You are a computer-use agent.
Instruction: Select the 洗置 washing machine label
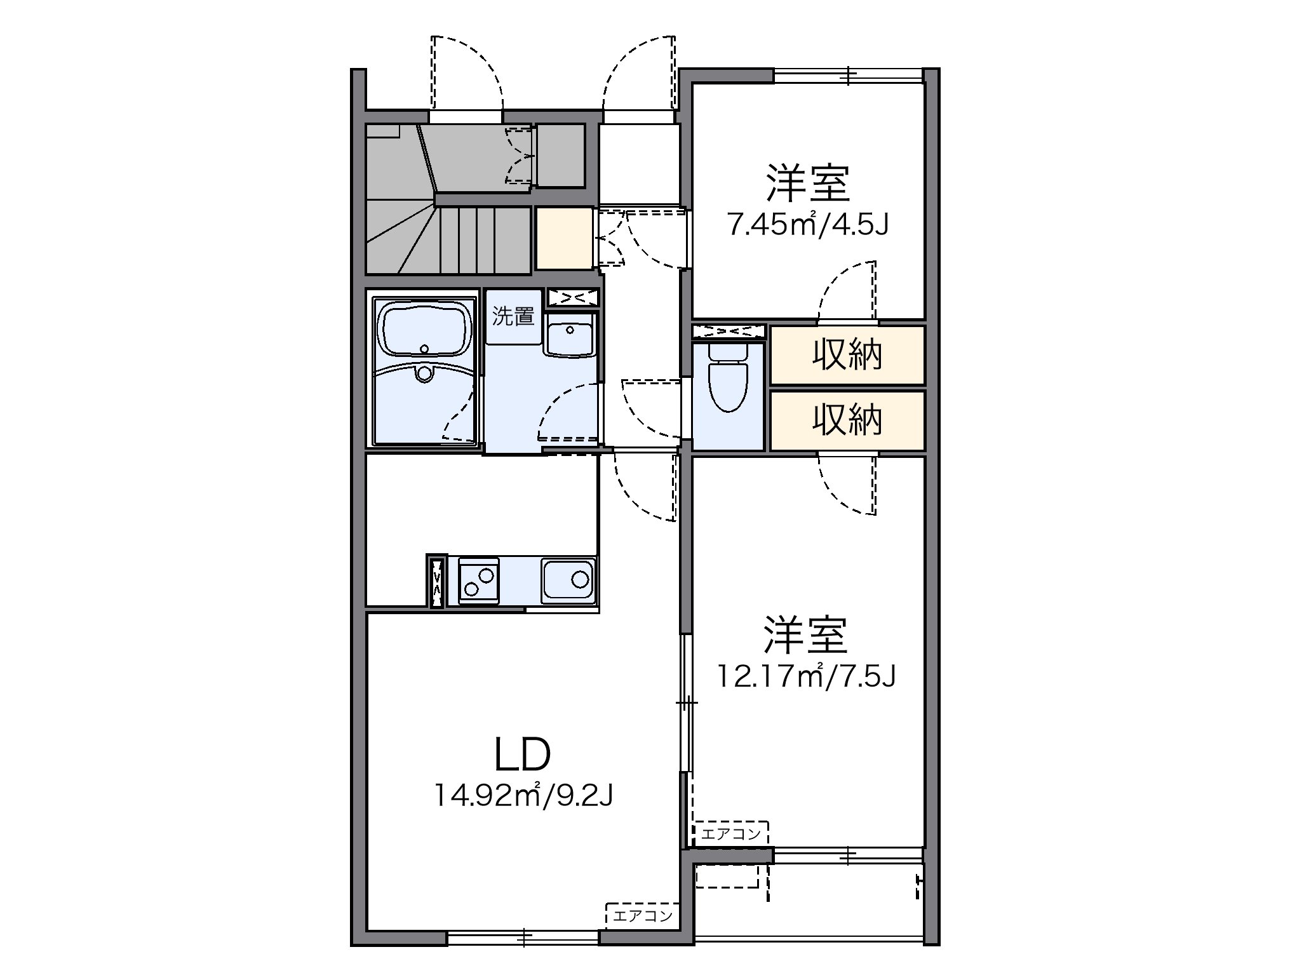513,316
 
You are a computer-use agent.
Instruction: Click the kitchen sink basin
568,580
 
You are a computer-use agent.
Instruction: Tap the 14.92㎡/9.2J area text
522,795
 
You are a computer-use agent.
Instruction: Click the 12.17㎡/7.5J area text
807,676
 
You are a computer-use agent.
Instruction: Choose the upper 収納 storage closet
847,355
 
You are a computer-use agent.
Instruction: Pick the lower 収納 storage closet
847,420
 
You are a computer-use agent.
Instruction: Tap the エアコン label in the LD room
642,916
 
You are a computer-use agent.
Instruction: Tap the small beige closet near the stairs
563,238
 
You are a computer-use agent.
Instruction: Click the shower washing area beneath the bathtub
425,403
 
